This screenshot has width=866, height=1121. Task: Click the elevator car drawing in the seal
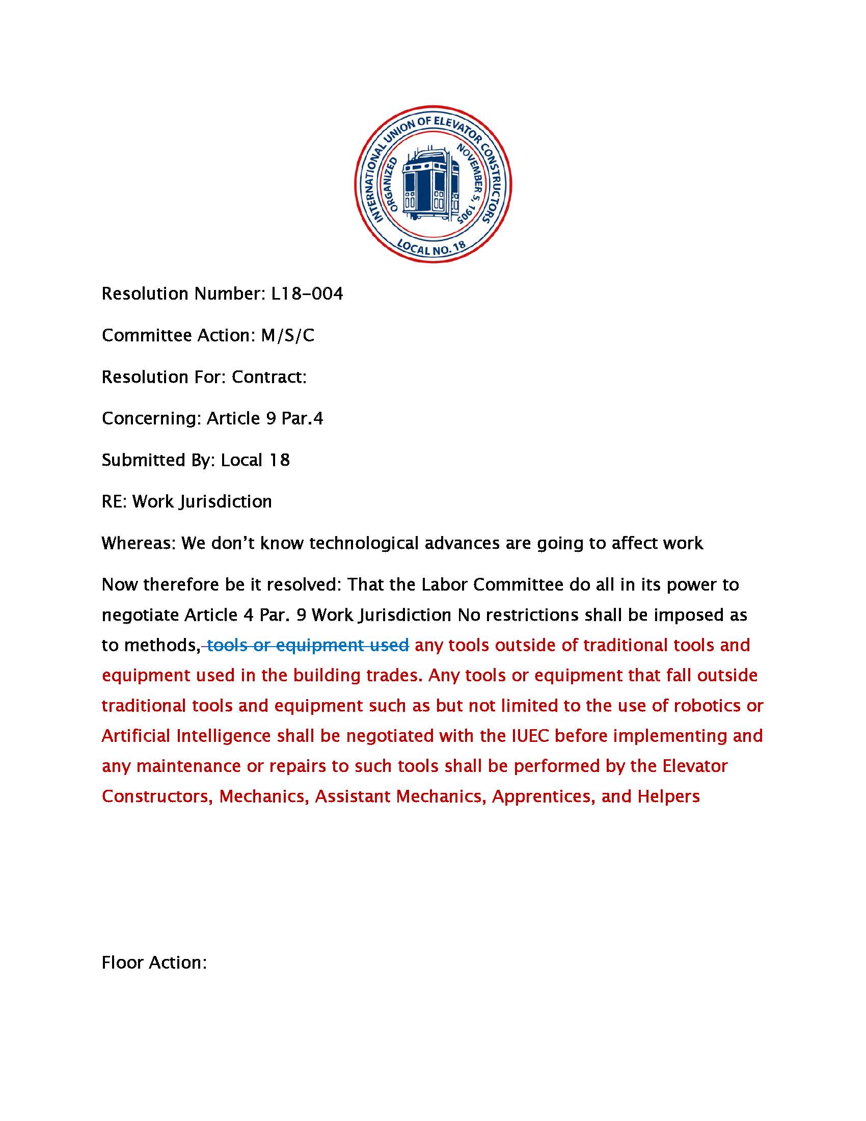pyautogui.click(x=431, y=183)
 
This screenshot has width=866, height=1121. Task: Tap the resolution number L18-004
pyautogui.click(x=307, y=293)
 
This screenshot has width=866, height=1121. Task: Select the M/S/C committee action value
pyautogui.click(x=287, y=335)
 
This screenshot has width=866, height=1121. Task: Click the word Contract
pyautogui.click(x=269, y=377)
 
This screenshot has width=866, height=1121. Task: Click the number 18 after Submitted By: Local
pyautogui.click(x=279, y=460)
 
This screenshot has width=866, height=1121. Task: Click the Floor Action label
pyautogui.click(x=154, y=962)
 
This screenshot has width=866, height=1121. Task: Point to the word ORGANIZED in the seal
pyautogui.click(x=390, y=183)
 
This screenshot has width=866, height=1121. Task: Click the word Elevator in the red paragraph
pyautogui.click(x=695, y=766)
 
